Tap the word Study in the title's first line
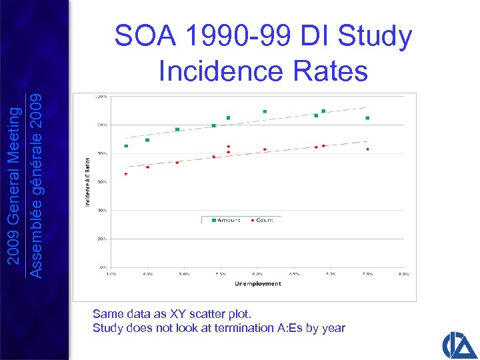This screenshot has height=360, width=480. pyautogui.click(x=375, y=37)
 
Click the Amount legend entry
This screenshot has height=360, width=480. pyautogui.click(x=227, y=219)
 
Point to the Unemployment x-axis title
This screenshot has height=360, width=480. pyautogui.click(x=257, y=283)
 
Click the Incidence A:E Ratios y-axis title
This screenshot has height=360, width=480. pyautogui.click(x=87, y=181)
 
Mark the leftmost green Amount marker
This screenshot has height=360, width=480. pyautogui.click(x=126, y=146)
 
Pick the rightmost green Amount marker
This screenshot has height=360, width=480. pyautogui.click(x=367, y=118)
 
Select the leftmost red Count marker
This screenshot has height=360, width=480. pyautogui.click(x=126, y=174)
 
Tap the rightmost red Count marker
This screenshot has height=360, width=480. pyautogui.click(x=367, y=149)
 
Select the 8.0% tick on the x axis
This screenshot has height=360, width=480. pyautogui.click(x=403, y=273)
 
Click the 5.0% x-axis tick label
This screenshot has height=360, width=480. pyautogui.click(x=185, y=273)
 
